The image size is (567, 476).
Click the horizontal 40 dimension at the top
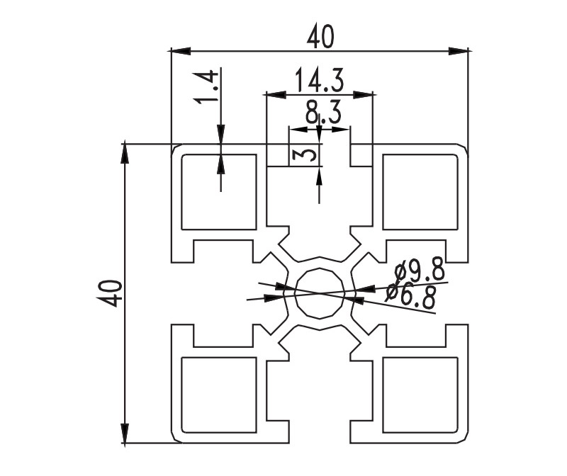[320, 37]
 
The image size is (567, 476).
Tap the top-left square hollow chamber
[219, 191]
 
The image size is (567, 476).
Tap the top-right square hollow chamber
[420, 191]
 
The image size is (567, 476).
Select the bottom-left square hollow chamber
[219, 395]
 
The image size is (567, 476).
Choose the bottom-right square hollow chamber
[420, 395]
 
